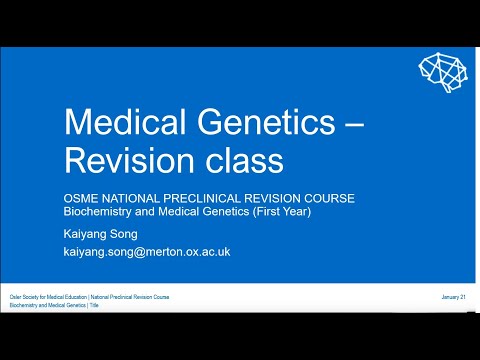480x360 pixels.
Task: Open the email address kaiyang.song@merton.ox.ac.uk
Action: [x=147, y=252]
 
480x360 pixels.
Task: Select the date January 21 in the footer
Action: [x=455, y=298]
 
